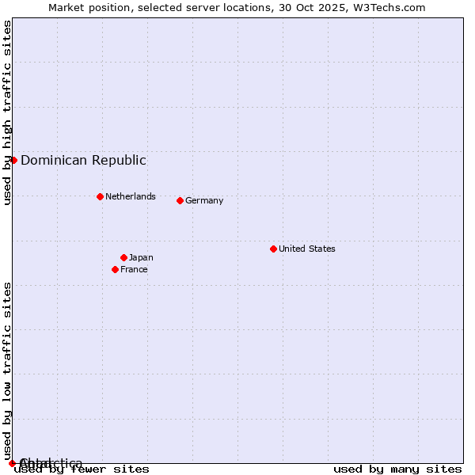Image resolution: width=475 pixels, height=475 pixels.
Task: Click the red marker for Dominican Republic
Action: click(13, 160)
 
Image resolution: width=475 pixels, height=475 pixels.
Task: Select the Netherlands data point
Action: click(100, 196)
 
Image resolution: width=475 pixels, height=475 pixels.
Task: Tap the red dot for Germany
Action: click(180, 200)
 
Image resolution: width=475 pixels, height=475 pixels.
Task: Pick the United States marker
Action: click(273, 249)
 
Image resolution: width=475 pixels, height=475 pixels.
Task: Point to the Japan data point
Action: click(123, 257)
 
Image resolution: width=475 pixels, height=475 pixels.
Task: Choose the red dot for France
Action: click(115, 269)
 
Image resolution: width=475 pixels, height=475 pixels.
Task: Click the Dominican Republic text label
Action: click(83, 160)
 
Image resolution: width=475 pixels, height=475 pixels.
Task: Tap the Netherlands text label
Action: click(130, 196)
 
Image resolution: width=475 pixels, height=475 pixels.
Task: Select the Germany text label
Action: click(204, 200)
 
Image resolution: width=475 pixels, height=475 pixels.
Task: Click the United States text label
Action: click(306, 249)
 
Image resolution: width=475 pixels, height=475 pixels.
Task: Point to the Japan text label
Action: click(141, 257)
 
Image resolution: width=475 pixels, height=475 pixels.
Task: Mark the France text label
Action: click(134, 269)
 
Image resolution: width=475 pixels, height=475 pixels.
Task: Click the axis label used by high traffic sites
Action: click(7, 112)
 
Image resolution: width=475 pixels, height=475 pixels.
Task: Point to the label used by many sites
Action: click(397, 469)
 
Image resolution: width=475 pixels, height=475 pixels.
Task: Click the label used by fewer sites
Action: click(82, 469)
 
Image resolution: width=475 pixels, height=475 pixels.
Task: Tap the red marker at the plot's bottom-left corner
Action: click(12, 463)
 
